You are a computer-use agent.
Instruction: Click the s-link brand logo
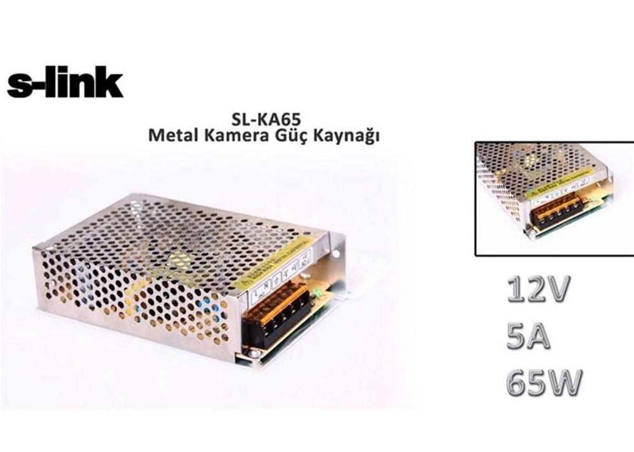pos(65,85)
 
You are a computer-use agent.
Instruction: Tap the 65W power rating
pos(543,383)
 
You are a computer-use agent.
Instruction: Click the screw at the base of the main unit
pos(252,354)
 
